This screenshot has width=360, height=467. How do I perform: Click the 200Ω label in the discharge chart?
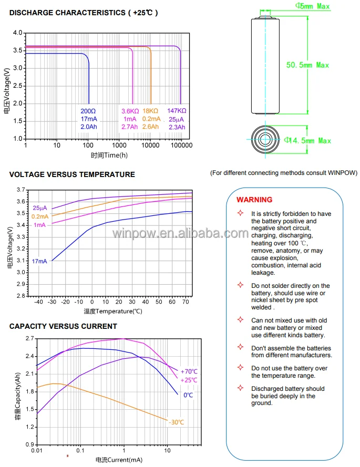tap(88, 111)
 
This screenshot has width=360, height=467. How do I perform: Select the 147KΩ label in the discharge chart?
tap(177, 111)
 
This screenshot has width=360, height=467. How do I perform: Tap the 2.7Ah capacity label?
tap(130, 127)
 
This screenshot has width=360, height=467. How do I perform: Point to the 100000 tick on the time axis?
tap(182, 146)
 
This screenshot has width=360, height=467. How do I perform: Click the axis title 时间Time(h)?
tap(109, 155)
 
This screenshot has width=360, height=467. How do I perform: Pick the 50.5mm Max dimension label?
tap(307, 65)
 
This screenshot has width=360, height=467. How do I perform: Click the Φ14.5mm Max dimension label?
tap(308, 141)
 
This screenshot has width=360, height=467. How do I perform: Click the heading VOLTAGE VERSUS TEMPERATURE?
tap(72, 174)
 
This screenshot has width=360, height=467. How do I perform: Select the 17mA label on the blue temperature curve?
tap(40, 261)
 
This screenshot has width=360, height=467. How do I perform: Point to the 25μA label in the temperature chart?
tap(40, 208)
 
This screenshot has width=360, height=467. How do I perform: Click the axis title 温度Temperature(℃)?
tap(113, 311)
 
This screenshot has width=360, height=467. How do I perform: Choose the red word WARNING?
tap(254, 200)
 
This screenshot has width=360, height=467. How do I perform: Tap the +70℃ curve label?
tap(188, 371)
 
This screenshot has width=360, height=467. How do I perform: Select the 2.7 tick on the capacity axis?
tap(29, 339)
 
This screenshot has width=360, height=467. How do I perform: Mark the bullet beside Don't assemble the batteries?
tap(240, 348)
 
